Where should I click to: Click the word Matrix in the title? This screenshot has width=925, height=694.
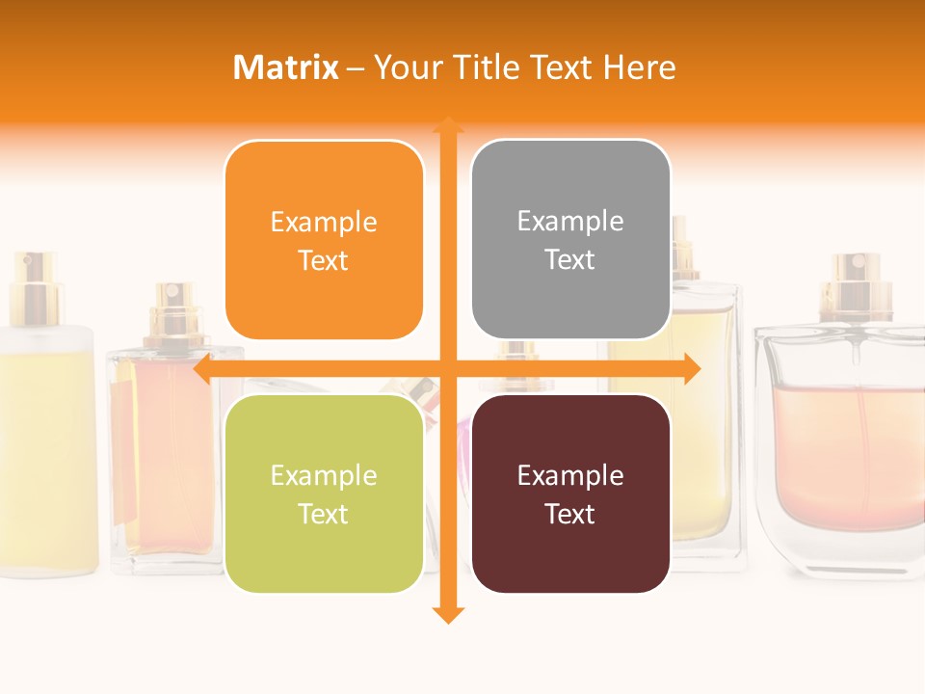pos(285,67)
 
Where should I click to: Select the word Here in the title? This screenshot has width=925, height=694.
pos(640,67)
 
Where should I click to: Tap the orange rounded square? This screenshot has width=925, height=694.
pos(324,241)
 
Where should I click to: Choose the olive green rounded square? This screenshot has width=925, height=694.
pos(324,494)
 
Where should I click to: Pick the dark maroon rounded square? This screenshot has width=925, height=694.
pos(570,494)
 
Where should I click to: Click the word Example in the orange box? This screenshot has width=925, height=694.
pos(324,223)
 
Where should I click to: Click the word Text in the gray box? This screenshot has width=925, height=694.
pos(570,260)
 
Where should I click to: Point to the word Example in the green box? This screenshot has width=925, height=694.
pos(324,475)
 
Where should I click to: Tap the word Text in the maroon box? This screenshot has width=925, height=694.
pos(570,514)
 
